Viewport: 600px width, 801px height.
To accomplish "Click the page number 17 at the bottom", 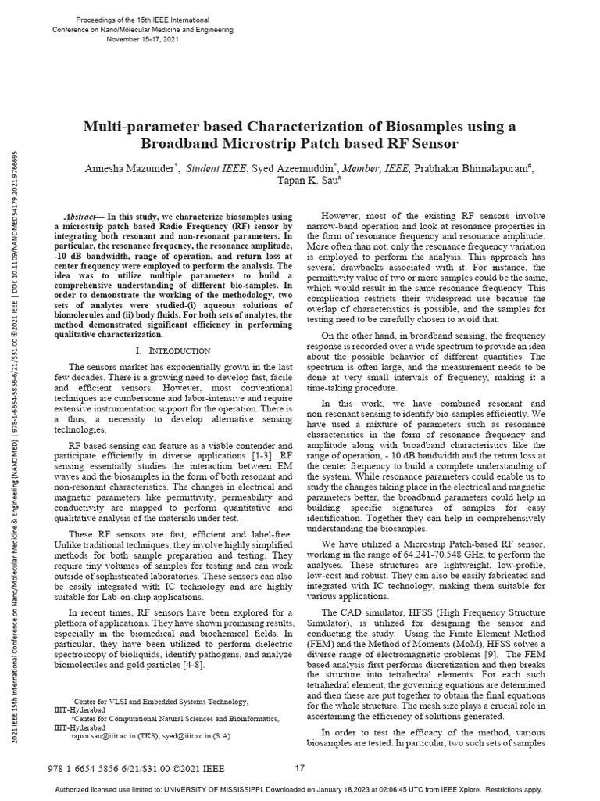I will [299, 768].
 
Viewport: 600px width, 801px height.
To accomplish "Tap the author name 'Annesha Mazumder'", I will [127, 167].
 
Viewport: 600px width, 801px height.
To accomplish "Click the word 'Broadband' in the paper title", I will [185, 144].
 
